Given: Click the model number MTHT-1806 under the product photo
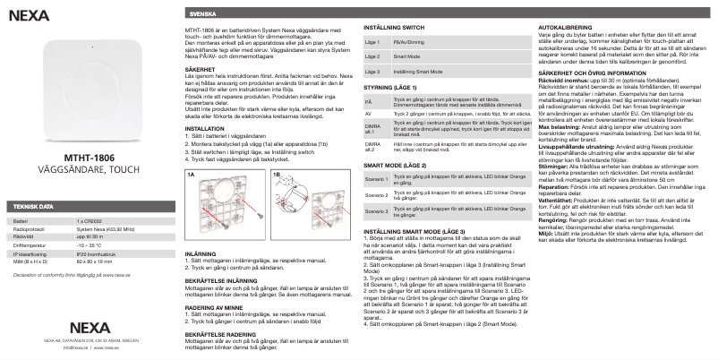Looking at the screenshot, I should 87,158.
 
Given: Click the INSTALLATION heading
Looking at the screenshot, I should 204,129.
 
